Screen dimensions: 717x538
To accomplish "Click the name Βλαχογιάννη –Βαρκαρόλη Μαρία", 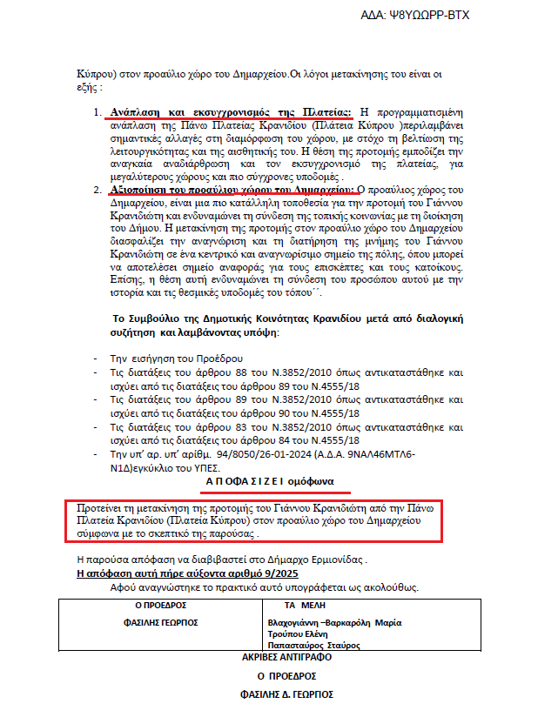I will (x=335, y=622).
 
